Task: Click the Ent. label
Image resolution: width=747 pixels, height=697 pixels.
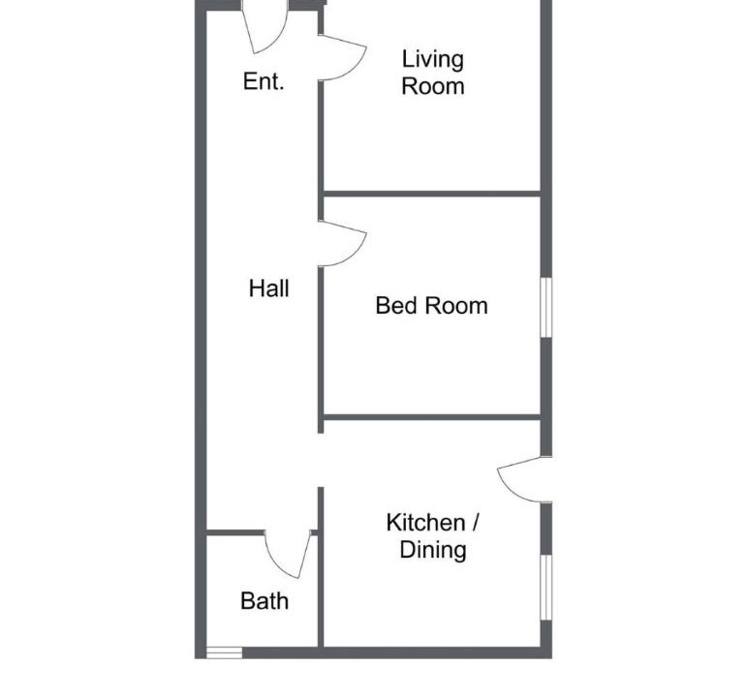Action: (264, 81)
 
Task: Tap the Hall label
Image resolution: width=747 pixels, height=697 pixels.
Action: (268, 288)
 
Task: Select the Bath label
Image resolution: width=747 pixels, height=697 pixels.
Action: (265, 601)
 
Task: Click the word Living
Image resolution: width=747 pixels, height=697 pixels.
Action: (432, 60)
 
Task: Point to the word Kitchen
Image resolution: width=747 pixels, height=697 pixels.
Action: (425, 523)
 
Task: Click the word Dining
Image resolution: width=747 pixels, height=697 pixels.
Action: (432, 550)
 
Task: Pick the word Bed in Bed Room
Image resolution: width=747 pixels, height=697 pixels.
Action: (397, 306)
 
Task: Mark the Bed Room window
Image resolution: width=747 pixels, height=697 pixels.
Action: (545, 308)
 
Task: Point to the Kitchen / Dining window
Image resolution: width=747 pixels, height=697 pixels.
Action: (545, 588)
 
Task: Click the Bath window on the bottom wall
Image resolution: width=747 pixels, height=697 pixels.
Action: (225, 652)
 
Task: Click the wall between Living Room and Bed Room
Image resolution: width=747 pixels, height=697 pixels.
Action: (431, 194)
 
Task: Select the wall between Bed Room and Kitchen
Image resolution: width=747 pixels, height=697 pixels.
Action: (431, 417)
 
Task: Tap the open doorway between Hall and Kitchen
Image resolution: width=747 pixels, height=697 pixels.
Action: (321, 460)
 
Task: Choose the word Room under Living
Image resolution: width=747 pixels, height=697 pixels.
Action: (432, 87)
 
